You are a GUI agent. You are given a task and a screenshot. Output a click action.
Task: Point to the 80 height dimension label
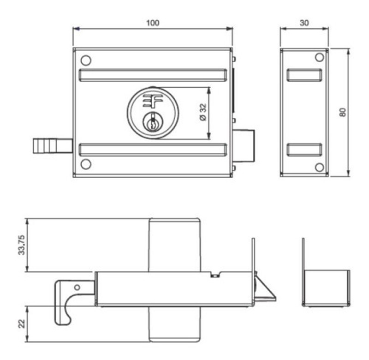point(342,112)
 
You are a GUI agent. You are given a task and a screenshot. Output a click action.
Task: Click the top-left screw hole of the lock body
point(85,60)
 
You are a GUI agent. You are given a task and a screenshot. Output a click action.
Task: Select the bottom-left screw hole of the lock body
point(85,164)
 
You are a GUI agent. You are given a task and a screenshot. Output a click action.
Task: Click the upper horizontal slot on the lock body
point(153,75)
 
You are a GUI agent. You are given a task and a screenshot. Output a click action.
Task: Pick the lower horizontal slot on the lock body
point(153,149)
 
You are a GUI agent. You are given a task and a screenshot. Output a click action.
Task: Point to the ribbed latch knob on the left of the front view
point(52,146)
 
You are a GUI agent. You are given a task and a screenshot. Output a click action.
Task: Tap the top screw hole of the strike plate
point(319,57)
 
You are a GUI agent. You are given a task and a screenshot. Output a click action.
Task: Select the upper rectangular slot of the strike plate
point(304,75)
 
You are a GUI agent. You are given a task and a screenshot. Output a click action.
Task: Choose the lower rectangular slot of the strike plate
point(304,150)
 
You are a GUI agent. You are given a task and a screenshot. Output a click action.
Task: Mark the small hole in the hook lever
point(77,288)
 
